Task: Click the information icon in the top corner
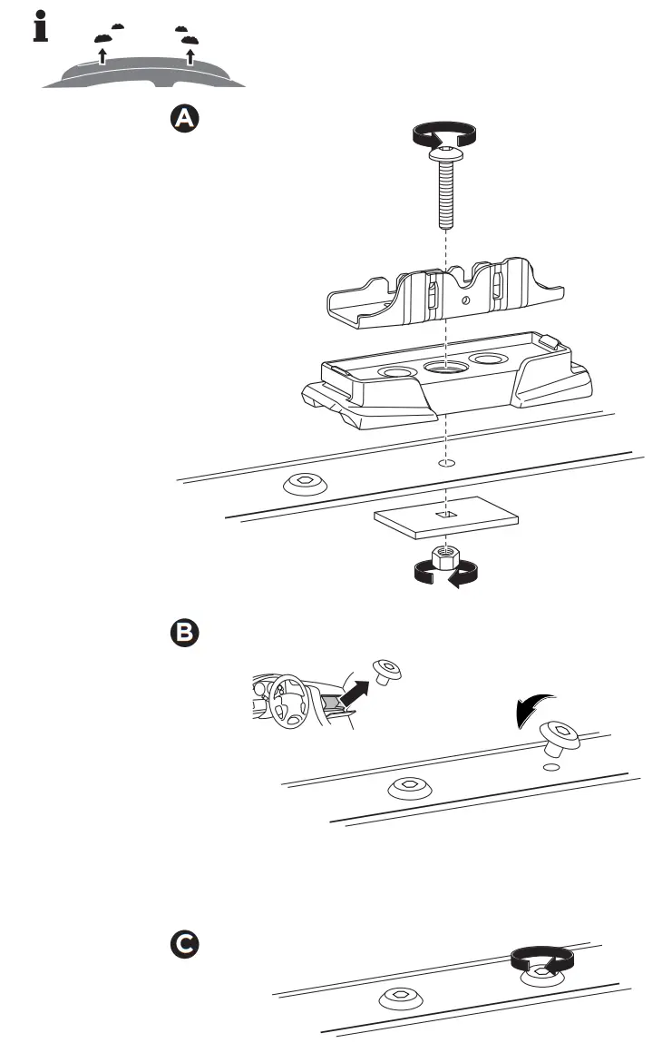pyautogui.click(x=39, y=27)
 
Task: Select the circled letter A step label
pyautogui.click(x=184, y=119)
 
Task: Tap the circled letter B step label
pyautogui.click(x=184, y=633)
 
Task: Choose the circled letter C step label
pyautogui.click(x=184, y=944)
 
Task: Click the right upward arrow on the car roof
pyautogui.click(x=190, y=58)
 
